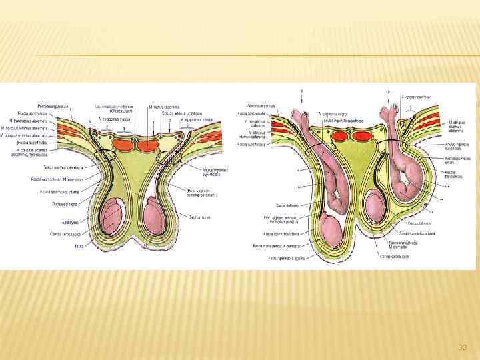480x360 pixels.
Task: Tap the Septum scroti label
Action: (x=198, y=217)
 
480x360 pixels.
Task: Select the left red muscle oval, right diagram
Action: (x=341, y=136)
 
